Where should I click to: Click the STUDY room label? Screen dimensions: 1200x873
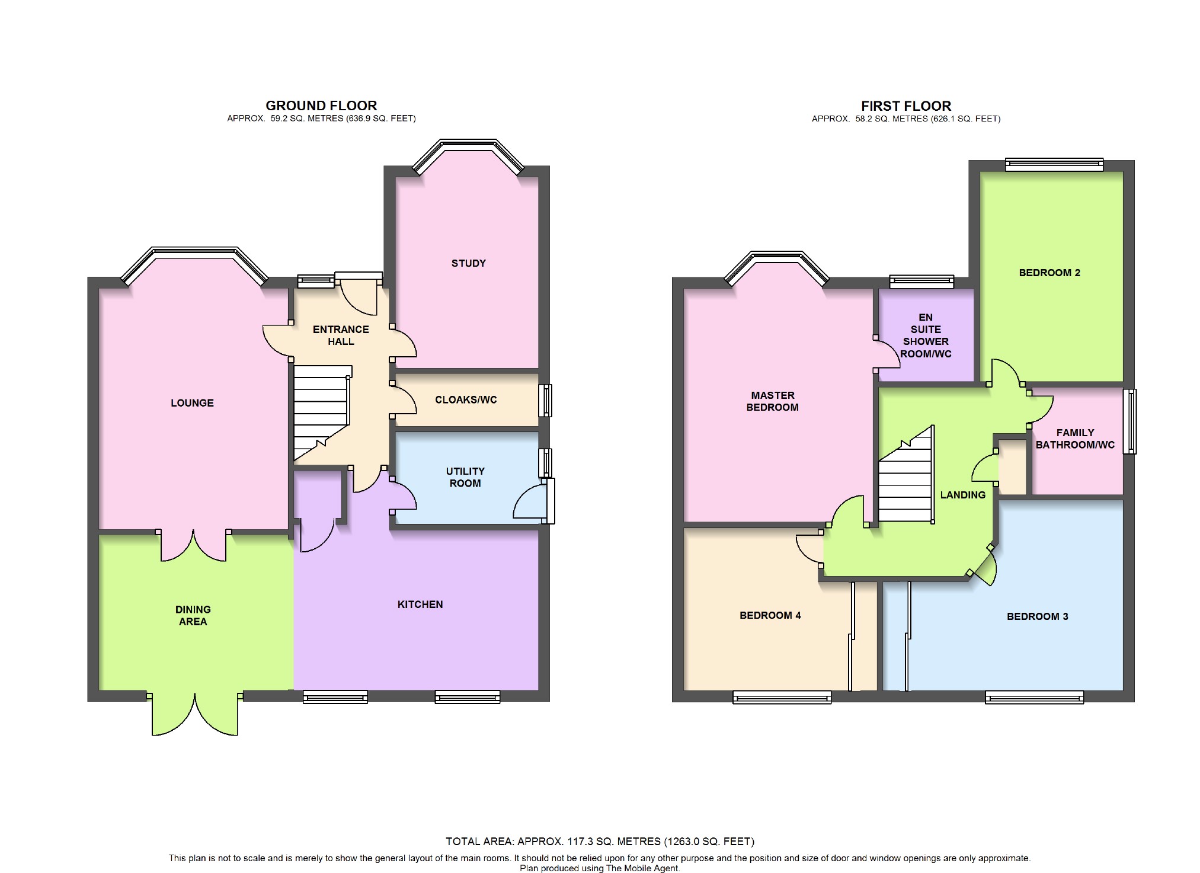click(468, 263)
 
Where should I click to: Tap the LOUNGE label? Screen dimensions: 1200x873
click(192, 403)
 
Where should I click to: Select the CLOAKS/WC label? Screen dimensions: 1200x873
click(466, 400)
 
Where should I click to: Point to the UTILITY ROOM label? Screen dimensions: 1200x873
click(465, 477)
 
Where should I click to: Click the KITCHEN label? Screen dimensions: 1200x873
click(420, 605)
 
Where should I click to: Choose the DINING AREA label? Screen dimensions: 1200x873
click(193, 615)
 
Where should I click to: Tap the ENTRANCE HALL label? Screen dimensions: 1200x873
click(341, 335)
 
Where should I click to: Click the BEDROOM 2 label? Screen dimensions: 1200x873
click(1049, 273)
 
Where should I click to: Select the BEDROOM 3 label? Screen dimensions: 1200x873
click(1037, 616)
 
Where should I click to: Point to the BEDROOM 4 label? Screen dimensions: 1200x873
click(770, 615)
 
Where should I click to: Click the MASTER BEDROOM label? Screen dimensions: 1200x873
click(772, 401)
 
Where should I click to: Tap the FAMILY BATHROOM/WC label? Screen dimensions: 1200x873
click(1075, 439)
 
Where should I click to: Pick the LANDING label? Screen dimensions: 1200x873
click(962, 495)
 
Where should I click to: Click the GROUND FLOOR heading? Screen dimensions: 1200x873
click(321, 105)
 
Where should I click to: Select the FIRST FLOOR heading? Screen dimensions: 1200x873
click(906, 106)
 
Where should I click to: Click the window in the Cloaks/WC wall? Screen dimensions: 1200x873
click(545, 401)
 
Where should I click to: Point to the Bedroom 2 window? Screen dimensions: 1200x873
click(1054, 165)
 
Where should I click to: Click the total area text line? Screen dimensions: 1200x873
click(600, 842)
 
